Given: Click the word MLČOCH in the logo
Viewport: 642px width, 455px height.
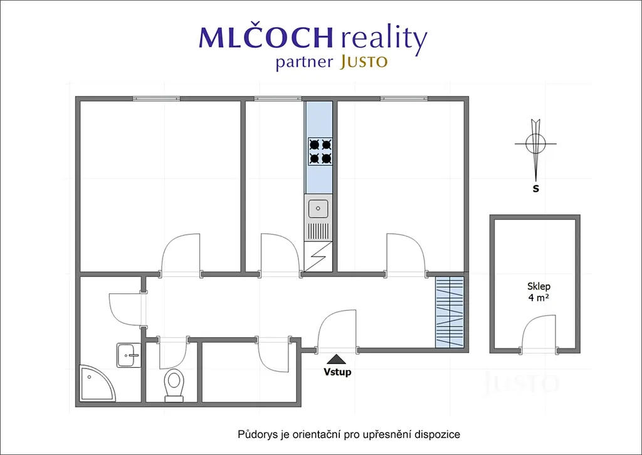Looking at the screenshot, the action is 266,37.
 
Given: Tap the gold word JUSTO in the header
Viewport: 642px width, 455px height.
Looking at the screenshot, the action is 364,62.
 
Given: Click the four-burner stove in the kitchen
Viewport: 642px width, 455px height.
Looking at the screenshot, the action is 320,151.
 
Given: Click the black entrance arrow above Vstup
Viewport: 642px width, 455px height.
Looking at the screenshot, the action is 337,359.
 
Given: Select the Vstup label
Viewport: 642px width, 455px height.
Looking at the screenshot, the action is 337,372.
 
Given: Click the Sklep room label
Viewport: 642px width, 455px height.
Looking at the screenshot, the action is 539,286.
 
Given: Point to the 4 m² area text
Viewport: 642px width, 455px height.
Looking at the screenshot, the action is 539,298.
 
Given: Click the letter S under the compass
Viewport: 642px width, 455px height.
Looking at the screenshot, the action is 535,189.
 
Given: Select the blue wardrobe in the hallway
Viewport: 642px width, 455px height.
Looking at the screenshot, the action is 450,312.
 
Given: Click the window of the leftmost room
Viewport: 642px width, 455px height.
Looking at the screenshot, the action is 156,98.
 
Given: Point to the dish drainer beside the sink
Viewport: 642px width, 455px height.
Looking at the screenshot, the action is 318,231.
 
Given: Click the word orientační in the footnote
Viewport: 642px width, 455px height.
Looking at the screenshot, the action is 317,434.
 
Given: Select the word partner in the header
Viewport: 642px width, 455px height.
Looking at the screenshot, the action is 304,63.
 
